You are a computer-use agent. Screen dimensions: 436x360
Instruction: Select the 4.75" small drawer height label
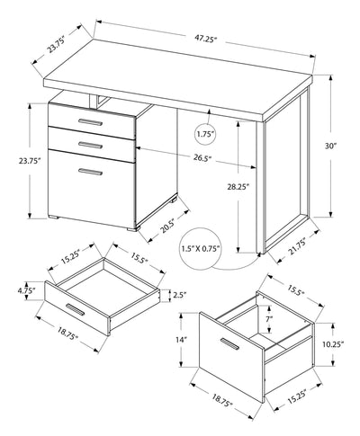(25, 292)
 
